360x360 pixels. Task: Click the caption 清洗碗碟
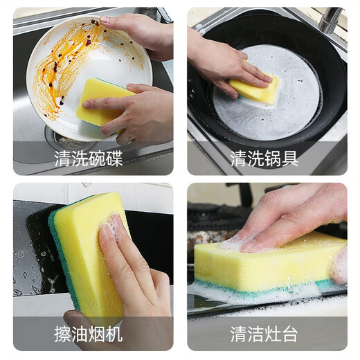click(x=89, y=159)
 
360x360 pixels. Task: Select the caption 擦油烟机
click(x=89, y=334)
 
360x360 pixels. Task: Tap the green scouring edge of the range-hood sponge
click(x=58, y=263)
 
